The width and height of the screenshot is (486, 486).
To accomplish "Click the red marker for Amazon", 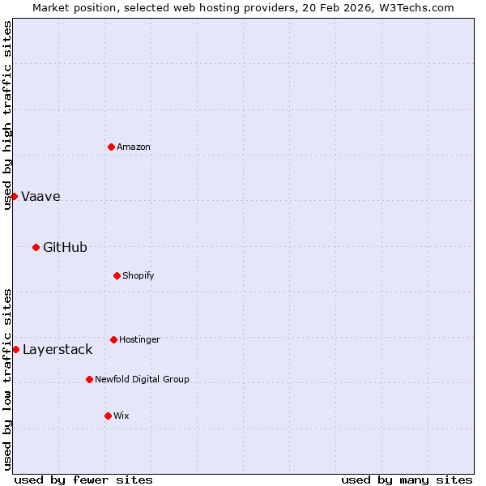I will [111, 147].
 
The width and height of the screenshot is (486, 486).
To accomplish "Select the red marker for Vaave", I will [14, 196].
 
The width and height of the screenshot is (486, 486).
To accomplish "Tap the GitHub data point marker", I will [36, 247].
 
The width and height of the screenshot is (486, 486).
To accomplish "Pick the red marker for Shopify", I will [117, 275].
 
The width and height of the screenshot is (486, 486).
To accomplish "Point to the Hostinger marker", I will [113, 339].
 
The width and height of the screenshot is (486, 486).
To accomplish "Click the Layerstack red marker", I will [15, 349].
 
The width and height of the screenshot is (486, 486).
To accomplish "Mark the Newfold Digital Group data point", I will [89, 379].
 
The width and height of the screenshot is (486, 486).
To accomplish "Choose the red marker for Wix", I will [108, 416].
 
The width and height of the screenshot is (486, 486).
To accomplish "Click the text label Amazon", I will [134, 147].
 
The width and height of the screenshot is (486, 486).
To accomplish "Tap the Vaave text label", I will [40, 197].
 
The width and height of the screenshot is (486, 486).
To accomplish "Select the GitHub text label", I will [65, 248].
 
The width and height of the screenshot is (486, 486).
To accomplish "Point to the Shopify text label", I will [138, 276].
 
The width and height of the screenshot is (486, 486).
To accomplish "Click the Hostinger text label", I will [139, 340].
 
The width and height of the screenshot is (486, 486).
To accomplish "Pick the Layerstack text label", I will [58, 350].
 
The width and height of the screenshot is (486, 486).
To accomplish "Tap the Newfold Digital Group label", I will [142, 380].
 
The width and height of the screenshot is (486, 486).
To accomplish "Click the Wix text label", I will [121, 416].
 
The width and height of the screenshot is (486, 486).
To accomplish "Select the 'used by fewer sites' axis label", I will [83, 480].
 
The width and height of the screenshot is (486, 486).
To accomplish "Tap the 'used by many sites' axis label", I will [407, 480].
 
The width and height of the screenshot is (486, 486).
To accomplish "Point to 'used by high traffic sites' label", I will [7, 115].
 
